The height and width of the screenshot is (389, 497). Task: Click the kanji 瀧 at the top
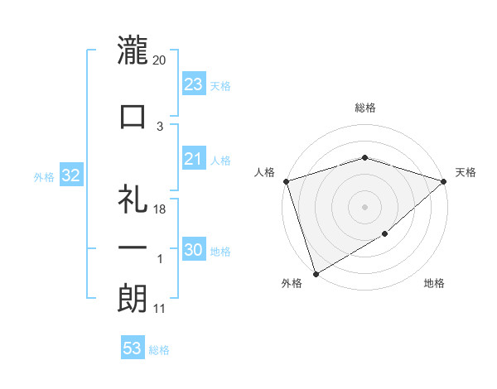point(133,50)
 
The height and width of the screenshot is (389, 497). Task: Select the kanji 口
point(133,116)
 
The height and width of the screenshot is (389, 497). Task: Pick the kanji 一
point(133,248)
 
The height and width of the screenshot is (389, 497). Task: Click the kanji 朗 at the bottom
point(133,300)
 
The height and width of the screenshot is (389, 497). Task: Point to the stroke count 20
point(160,60)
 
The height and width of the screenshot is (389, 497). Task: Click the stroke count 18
point(160,209)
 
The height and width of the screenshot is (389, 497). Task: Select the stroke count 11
point(160,310)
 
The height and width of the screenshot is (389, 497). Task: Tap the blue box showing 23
point(193,84)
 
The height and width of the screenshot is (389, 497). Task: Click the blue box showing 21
point(193,159)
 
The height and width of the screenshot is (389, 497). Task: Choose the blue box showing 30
point(193,251)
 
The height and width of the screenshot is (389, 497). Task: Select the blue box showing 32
point(70,175)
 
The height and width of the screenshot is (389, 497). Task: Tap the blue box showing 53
point(133,348)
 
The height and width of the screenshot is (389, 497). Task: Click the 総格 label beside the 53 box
point(159,350)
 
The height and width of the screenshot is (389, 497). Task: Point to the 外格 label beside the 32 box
point(43,176)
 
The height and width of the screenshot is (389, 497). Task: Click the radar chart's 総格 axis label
point(364,108)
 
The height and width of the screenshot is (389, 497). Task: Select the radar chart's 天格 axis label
point(466,172)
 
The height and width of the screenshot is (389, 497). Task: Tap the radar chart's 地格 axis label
point(434,284)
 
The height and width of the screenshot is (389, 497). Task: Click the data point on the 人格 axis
point(286,181)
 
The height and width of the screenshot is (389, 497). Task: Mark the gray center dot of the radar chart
point(364,207)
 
